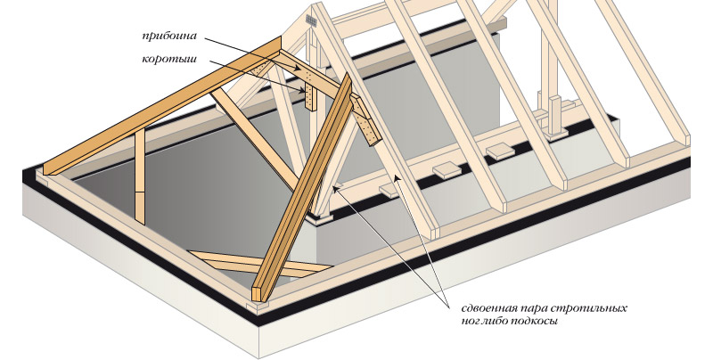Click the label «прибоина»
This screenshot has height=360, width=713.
coord(168,37)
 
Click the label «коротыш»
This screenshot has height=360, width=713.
coord(168,59)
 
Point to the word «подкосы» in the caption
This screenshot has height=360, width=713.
coord(537,321)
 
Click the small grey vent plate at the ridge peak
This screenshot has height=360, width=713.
coord(311,19)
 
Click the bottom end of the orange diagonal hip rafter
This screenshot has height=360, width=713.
coord(259,295)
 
